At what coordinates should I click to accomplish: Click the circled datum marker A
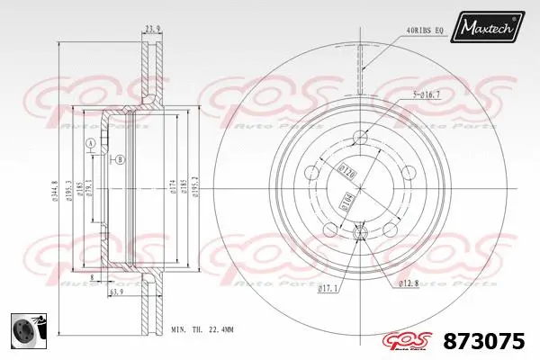pyautogui.click(x=90, y=145)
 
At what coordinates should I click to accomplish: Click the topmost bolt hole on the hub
pyautogui.click(x=361, y=137)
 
